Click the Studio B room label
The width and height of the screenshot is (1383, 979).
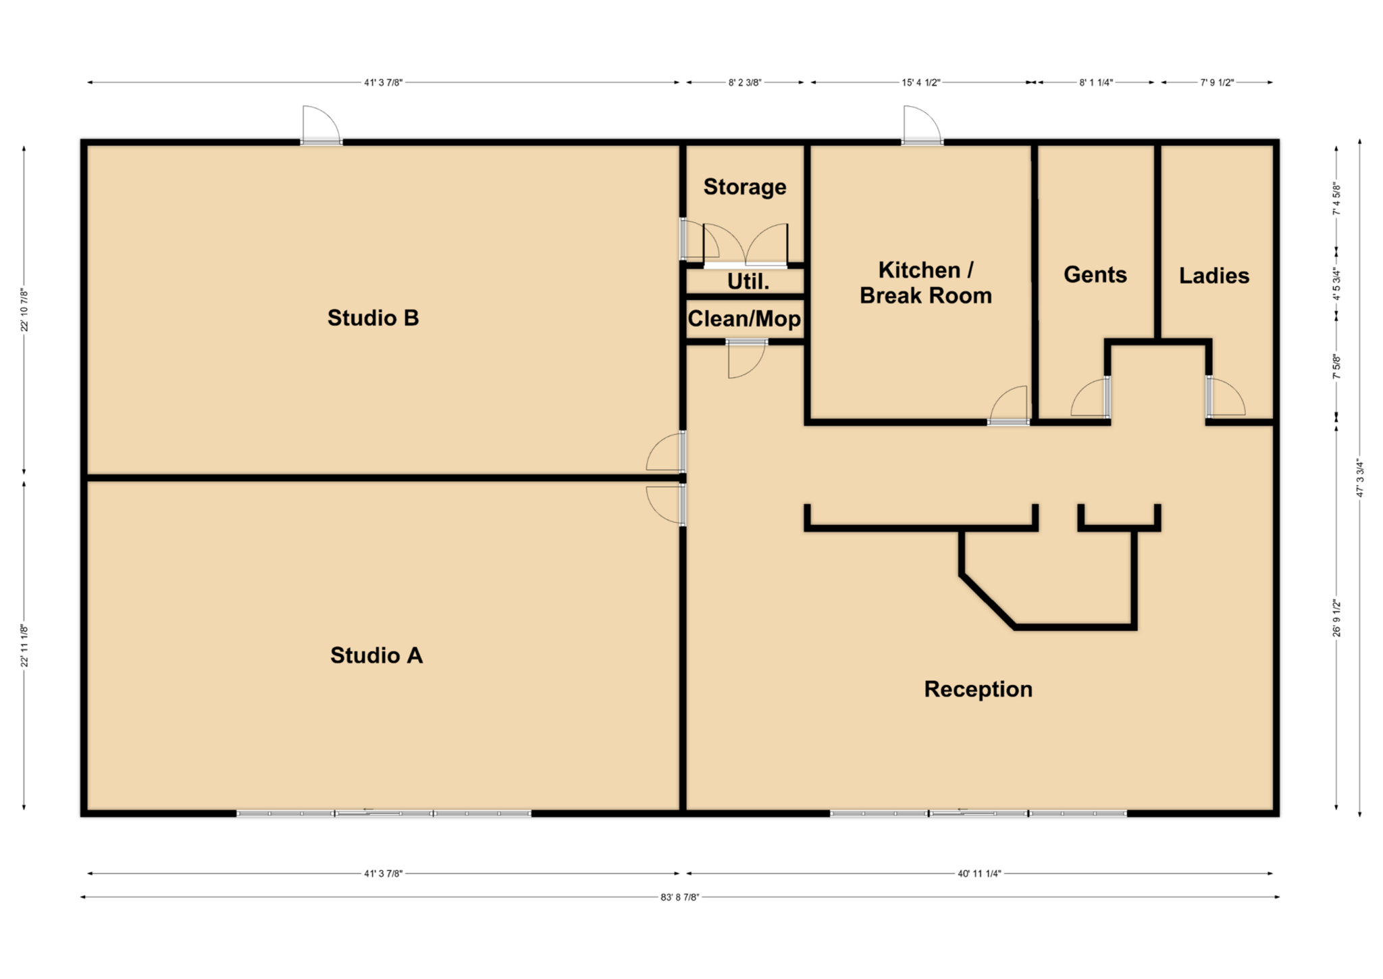(x=373, y=318)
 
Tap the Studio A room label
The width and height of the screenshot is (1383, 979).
(x=376, y=655)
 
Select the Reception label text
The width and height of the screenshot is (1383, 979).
(x=978, y=689)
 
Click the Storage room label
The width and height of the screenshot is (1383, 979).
(x=744, y=187)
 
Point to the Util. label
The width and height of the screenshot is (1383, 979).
(x=748, y=282)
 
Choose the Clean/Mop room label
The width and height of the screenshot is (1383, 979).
(x=744, y=319)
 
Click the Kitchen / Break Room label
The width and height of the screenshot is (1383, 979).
(x=925, y=282)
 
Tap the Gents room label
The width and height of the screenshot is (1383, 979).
(x=1095, y=274)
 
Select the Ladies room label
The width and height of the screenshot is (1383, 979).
(x=1214, y=276)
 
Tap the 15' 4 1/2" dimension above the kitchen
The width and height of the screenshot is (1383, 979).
(x=921, y=83)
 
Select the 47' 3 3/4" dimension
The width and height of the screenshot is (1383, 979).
(x=1360, y=477)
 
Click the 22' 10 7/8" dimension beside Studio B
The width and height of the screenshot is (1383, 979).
(x=24, y=309)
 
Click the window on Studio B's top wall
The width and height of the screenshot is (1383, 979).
(x=321, y=142)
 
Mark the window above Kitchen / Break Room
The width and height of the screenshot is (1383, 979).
(x=922, y=142)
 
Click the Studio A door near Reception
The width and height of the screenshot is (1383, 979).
(x=665, y=504)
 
